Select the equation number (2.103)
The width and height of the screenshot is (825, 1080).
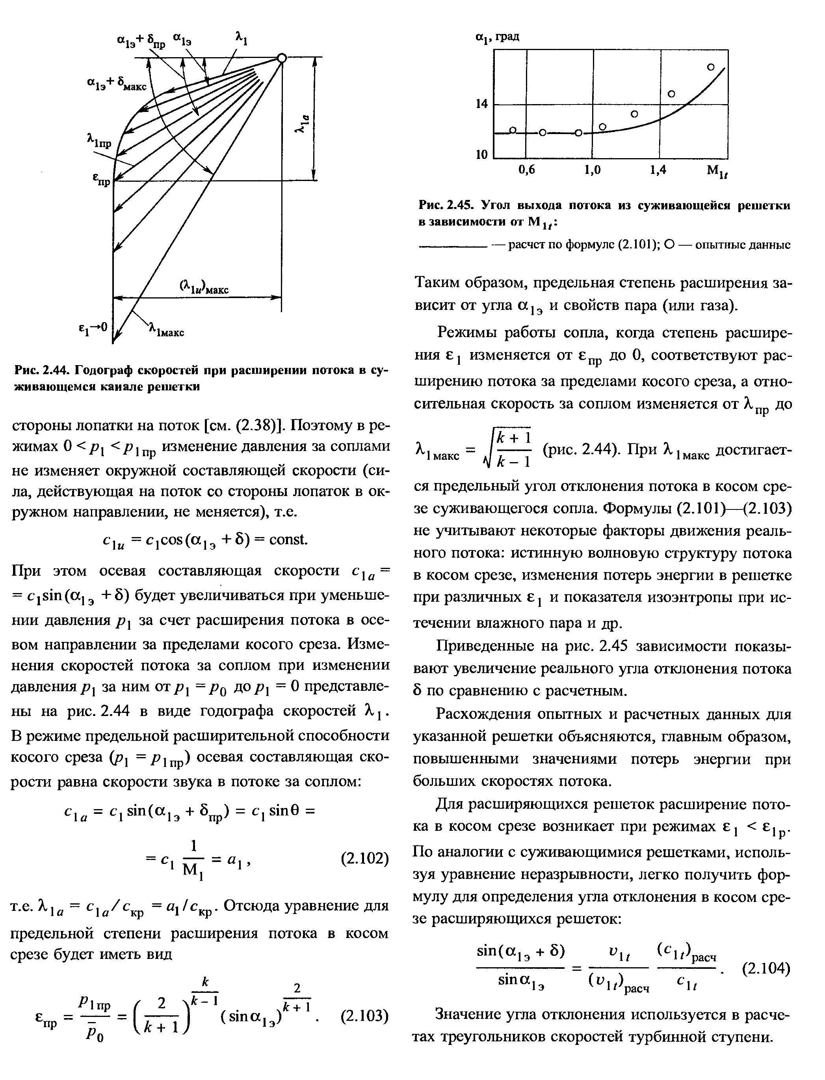click(x=364, y=1015)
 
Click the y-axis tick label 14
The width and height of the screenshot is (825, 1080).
click(x=482, y=104)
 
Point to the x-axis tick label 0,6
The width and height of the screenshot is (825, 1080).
click(x=526, y=170)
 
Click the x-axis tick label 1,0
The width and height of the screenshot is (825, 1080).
click(x=592, y=170)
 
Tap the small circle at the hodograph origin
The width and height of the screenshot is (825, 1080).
click(x=281, y=58)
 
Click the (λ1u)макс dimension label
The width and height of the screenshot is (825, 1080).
click(x=204, y=287)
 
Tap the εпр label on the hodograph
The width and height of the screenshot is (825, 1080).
click(x=102, y=181)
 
